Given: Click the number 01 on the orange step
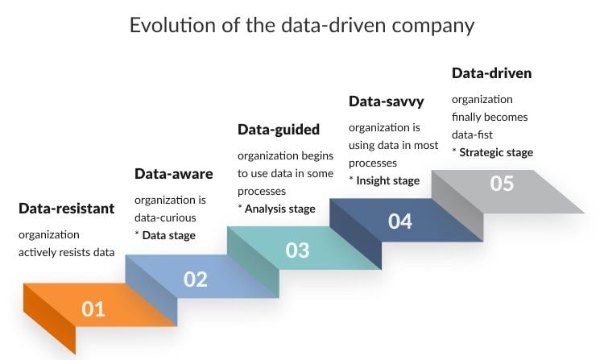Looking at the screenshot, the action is [93, 309].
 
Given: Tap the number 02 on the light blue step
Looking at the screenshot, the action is [196, 279].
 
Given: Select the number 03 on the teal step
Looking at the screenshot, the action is [297, 250].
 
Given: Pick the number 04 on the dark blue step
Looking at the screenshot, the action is [399, 221].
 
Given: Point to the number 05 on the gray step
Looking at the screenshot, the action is [502, 184].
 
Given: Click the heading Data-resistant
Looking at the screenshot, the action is [66, 209].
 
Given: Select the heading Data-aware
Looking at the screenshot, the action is [174, 174].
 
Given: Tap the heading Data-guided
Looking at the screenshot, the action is [279, 130].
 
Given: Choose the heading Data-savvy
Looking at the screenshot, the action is [387, 101].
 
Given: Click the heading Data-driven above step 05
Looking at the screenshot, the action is [491, 73].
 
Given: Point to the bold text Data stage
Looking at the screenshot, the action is [169, 235].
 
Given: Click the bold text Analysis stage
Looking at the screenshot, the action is [280, 209].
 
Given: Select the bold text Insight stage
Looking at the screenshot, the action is [388, 180].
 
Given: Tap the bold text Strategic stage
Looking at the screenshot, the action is [496, 152].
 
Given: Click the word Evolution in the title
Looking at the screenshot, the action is [173, 26].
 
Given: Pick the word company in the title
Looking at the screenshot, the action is [433, 27].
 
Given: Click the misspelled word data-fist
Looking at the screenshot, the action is [472, 134].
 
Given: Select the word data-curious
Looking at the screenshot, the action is [165, 217].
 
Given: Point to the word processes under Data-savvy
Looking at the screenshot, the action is [373, 163].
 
